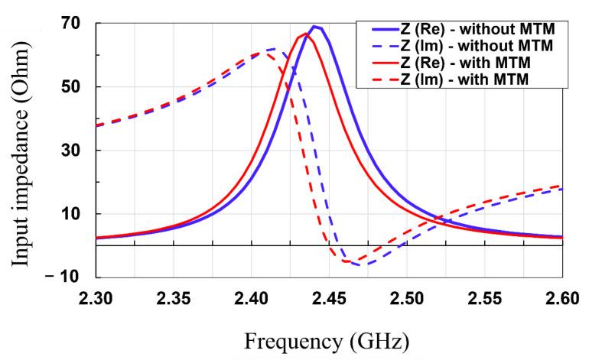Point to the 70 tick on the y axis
point(73,22)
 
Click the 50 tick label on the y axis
point(73,86)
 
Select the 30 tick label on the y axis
point(73,151)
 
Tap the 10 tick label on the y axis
point(73,214)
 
